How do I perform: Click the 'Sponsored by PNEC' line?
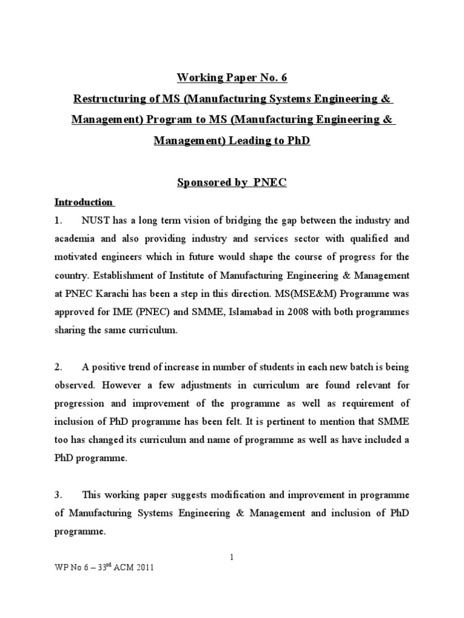click(x=231, y=183)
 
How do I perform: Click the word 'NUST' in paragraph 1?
click(x=98, y=220)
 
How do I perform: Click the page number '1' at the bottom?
click(x=231, y=557)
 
